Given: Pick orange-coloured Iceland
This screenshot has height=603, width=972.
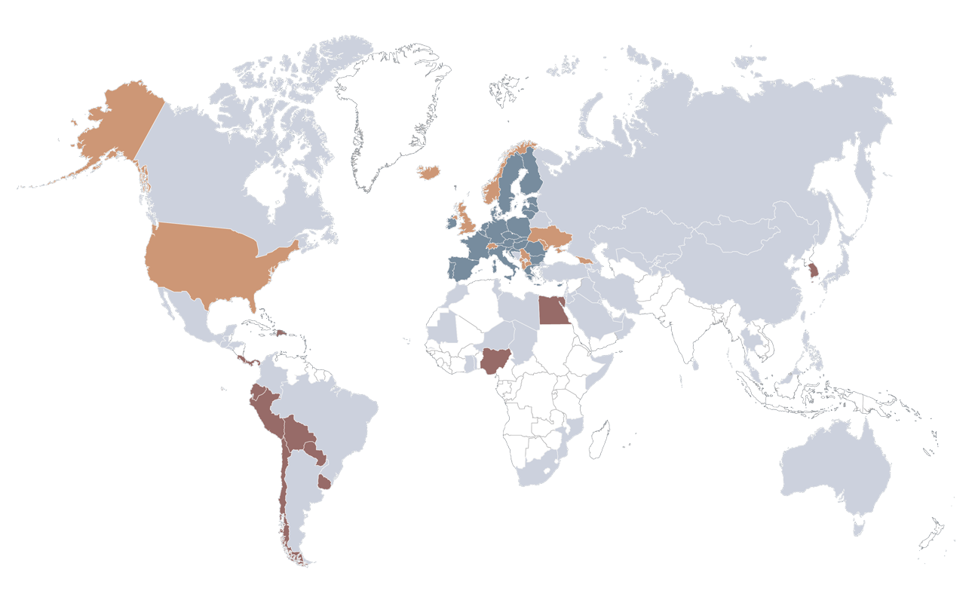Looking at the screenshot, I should [x=429, y=173].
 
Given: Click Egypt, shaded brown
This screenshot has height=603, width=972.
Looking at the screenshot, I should [x=553, y=311].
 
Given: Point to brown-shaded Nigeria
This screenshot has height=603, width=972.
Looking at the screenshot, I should [x=494, y=361].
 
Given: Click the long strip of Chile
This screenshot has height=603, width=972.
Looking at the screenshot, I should [x=282, y=490].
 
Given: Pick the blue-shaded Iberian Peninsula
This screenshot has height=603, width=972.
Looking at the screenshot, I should [x=464, y=268].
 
